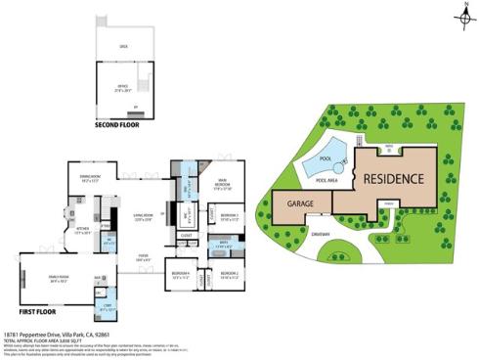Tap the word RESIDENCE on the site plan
coord(394,179)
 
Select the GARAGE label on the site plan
coord(301,205)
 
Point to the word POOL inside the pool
coord(327,158)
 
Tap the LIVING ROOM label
coord(146,216)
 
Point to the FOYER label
coord(143,256)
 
